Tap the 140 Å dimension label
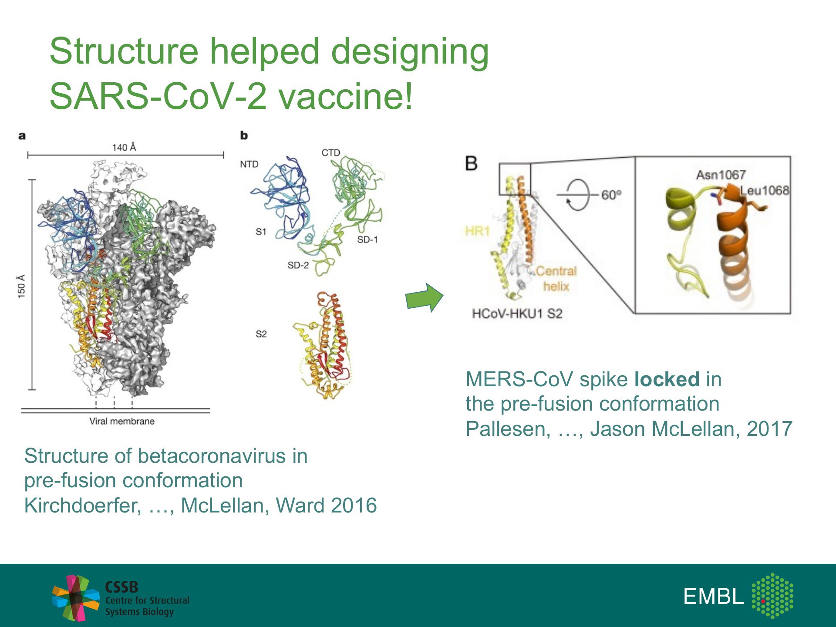tap(124, 148)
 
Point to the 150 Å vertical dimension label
tap(21, 287)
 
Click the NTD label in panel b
tap(249, 164)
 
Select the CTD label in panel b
tap(330, 153)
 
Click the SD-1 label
tap(367, 239)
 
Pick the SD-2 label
tap(298, 265)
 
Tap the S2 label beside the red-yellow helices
tap(261, 334)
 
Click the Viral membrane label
tap(122, 421)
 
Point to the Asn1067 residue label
tap(721, 175)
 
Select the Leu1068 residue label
tap(765, 190)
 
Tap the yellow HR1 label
tap(477, 231)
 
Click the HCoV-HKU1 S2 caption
tap(517, 313)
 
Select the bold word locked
tap(667, 379)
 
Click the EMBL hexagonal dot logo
tap(772, 596)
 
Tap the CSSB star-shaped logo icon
tap(76, 597)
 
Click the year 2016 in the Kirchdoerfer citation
tap(354, 506)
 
